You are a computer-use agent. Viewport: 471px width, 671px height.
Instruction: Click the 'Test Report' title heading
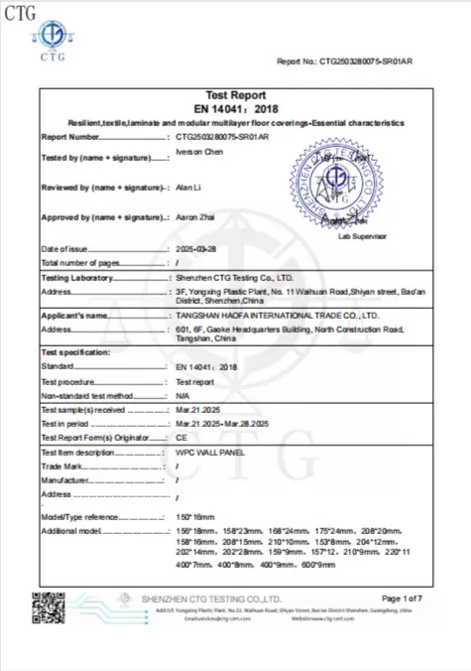(x=235, y=94)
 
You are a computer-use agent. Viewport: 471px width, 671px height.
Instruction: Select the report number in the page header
(x=373, y=61)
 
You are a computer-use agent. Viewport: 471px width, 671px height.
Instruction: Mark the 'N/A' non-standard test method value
(x=181, y=395)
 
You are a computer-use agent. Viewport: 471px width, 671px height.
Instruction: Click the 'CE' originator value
(x=180, y=438)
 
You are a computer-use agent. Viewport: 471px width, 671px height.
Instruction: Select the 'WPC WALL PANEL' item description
(x=208, y=453)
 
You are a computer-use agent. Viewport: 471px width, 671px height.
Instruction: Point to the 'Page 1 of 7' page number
(x=401, y=598)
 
